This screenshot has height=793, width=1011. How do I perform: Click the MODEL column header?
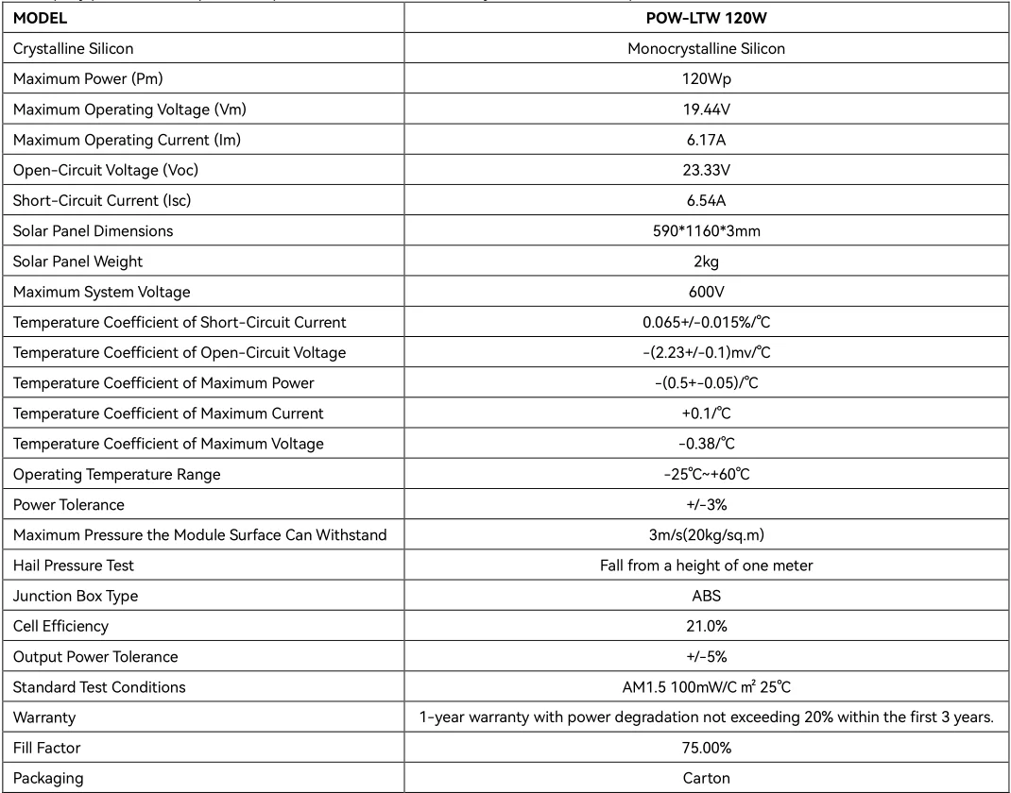click(41, 18)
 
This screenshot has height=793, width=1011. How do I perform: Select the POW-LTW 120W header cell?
click(707, 18)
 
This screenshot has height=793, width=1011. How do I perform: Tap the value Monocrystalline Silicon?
click(707, 48)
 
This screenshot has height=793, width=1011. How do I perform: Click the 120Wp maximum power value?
click(707, 79)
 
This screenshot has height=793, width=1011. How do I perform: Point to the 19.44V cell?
click(707, 110)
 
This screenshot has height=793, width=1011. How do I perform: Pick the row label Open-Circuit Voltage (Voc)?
click(106, 171)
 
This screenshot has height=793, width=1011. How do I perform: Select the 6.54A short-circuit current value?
click(707, 201)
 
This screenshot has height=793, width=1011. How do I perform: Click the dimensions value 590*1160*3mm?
click(707, 231)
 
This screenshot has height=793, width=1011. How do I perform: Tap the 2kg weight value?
click(707, 262)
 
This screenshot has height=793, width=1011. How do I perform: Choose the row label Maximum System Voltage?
click(102, 292)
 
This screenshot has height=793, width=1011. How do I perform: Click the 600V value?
click(707, 292)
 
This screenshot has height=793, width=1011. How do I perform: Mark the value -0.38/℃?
click(707, 444)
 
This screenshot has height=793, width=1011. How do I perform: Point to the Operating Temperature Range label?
click(117, 474)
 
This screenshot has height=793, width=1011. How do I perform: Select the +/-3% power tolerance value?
click(707, 505)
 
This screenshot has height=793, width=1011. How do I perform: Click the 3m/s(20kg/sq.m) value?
click(707, 535)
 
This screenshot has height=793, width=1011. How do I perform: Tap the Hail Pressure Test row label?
click(74, 565)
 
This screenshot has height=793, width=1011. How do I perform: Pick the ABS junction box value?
click(707, 596)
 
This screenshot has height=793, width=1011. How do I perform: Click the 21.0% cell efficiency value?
click(707, 626)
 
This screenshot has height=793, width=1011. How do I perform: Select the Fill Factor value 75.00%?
click(707, 748)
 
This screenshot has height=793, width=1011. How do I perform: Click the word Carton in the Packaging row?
click(707, 778)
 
